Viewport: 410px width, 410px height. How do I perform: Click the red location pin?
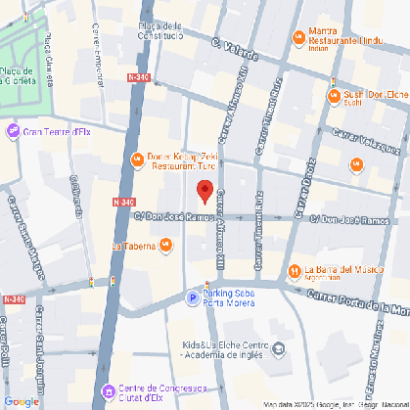point(205,190)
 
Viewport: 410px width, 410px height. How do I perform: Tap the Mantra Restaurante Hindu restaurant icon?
point(299,38)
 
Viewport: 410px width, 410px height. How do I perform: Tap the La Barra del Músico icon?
point(294,270)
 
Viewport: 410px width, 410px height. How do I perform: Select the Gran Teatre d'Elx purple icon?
point(14,131)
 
